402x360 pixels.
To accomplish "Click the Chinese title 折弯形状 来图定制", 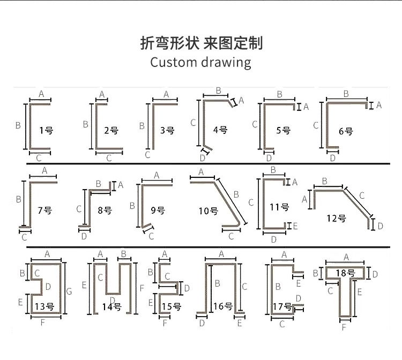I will pos(201,43).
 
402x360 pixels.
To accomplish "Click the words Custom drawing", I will pos(200,62).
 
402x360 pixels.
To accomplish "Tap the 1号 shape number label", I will pos(46,130).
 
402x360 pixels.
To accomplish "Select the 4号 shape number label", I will pos(220,130).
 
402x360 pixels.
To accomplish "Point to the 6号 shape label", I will pos(346,131).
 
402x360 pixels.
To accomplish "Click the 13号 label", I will pos(44,306).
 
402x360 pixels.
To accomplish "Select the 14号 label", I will pos(111,307).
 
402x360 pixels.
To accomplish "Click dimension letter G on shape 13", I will pos(69,292).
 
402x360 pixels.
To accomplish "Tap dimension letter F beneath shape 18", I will pos(344,326).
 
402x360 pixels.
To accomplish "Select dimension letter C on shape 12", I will pos(362,196).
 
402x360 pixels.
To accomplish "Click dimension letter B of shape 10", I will pos(236,194).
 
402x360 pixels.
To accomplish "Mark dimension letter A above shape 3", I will pos(166,94).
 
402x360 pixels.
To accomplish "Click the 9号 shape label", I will pos(158,211).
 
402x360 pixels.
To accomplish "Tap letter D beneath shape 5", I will pos(269,157).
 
